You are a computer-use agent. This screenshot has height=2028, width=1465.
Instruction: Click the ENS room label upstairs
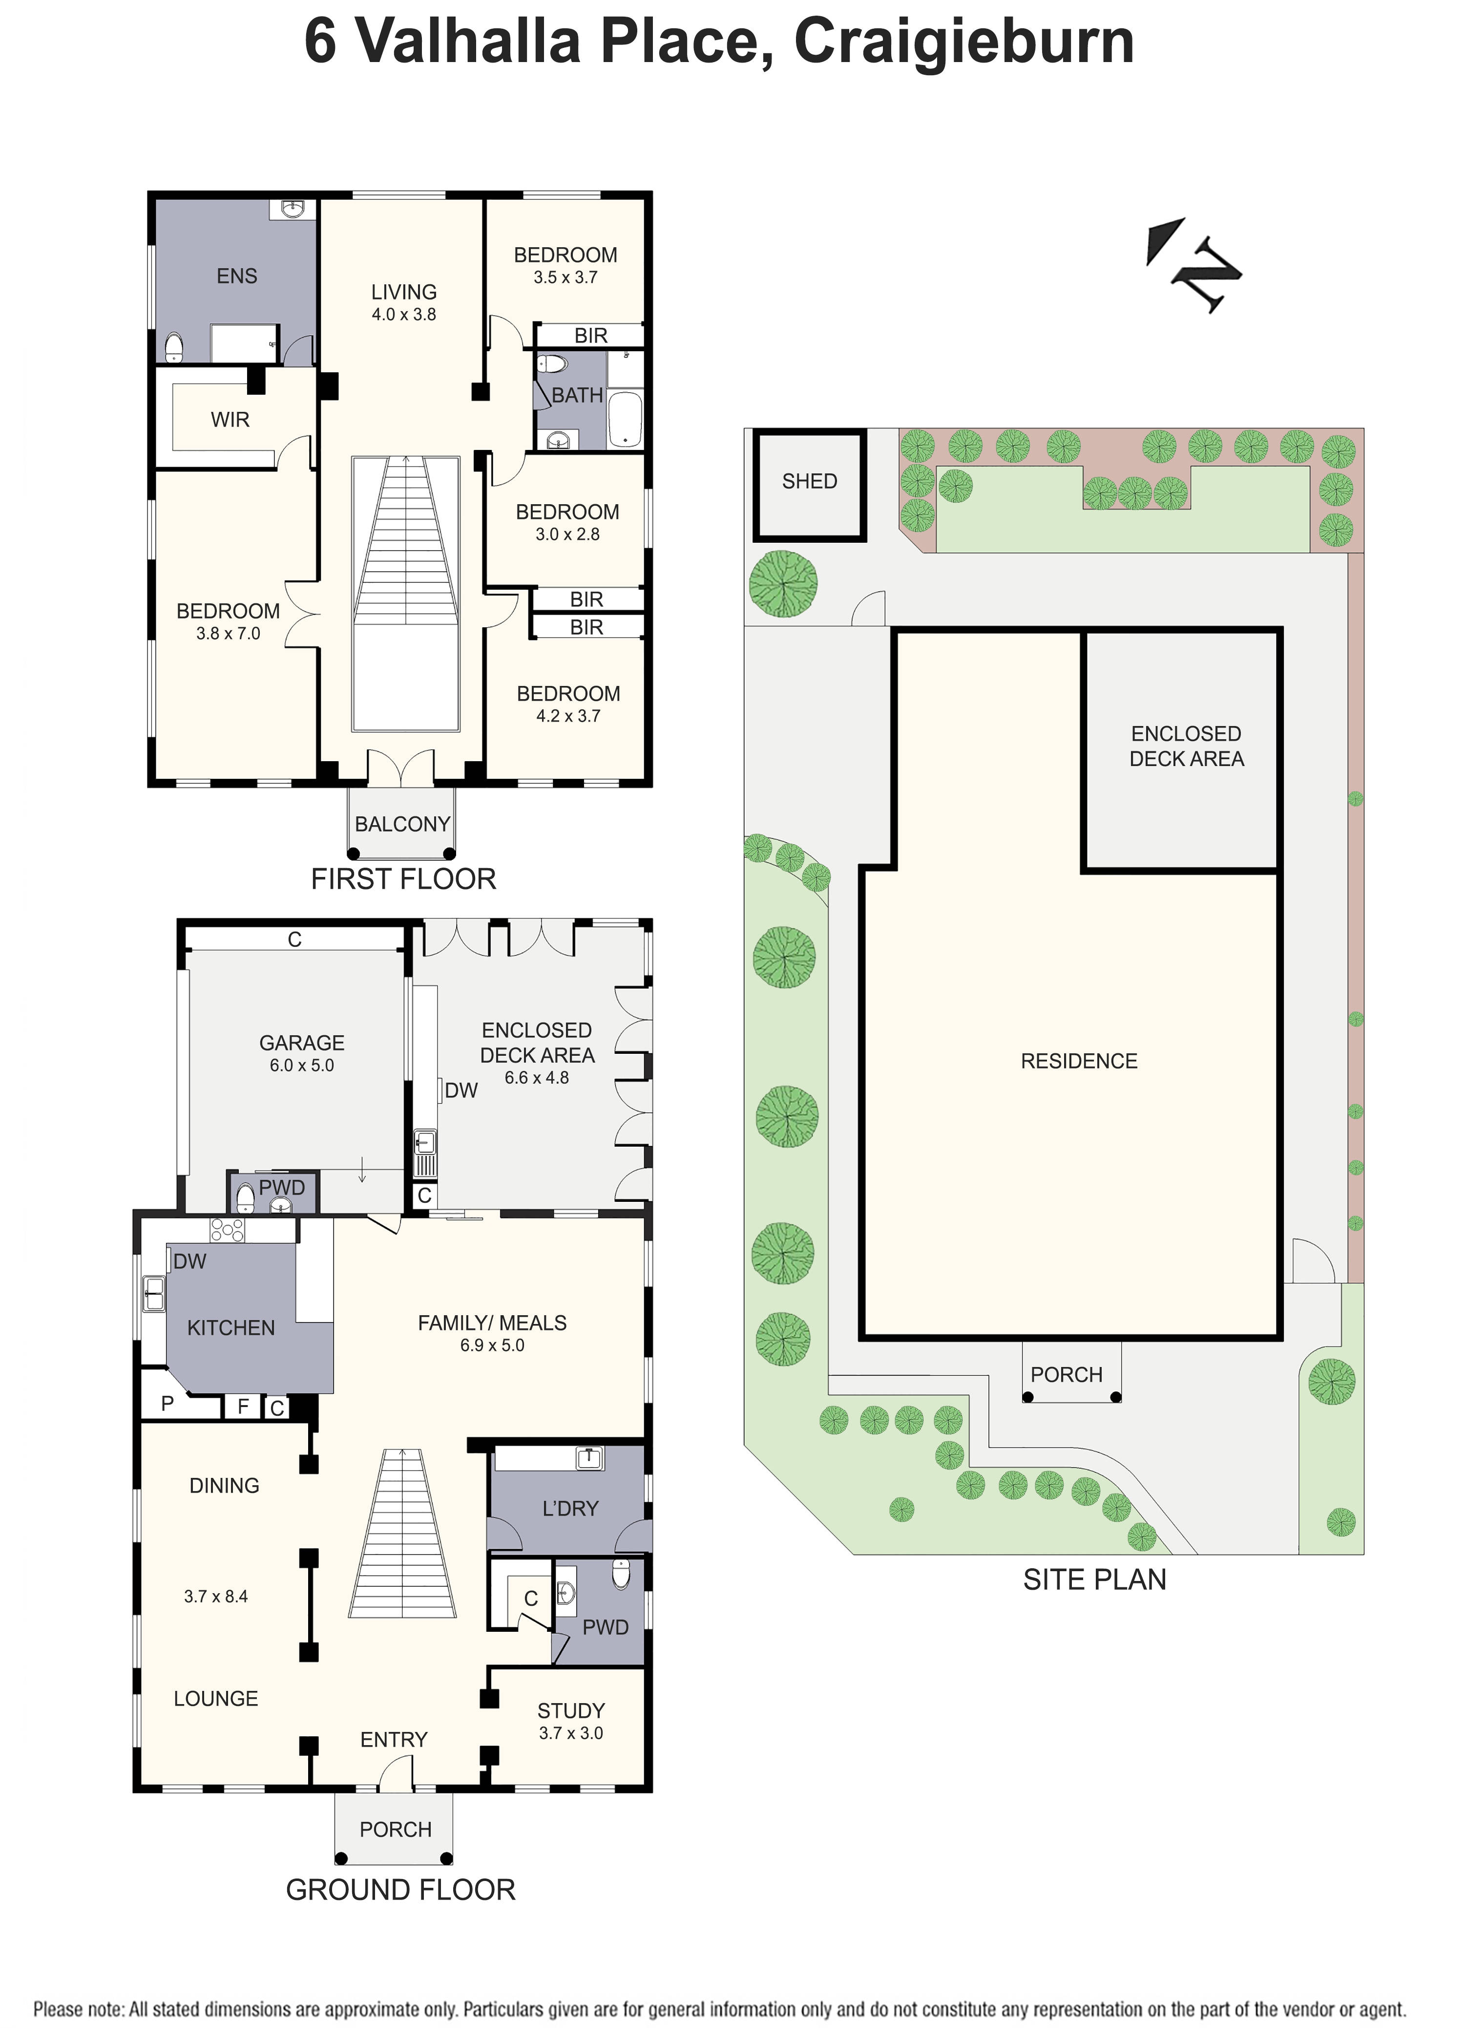(x=237, y=277)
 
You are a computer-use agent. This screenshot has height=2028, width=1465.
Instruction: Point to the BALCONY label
(x=402, y=824)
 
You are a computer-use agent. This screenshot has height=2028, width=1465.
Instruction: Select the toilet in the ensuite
(x=174, y=347)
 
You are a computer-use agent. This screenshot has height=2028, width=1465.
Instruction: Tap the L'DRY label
(x=570, y=1509)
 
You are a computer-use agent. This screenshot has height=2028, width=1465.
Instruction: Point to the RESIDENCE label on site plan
(x=1079, y=1062)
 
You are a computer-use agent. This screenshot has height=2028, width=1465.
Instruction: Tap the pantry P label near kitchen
(x=167, y=1404)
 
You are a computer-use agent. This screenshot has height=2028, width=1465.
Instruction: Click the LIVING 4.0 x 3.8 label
(x=404, y=302)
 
